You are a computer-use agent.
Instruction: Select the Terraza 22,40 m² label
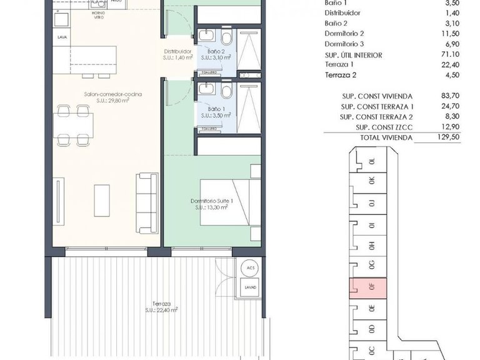161,306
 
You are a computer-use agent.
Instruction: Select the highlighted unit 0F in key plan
370,287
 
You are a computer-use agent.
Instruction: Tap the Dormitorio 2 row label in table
344,33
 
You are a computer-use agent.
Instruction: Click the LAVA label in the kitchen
62,37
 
